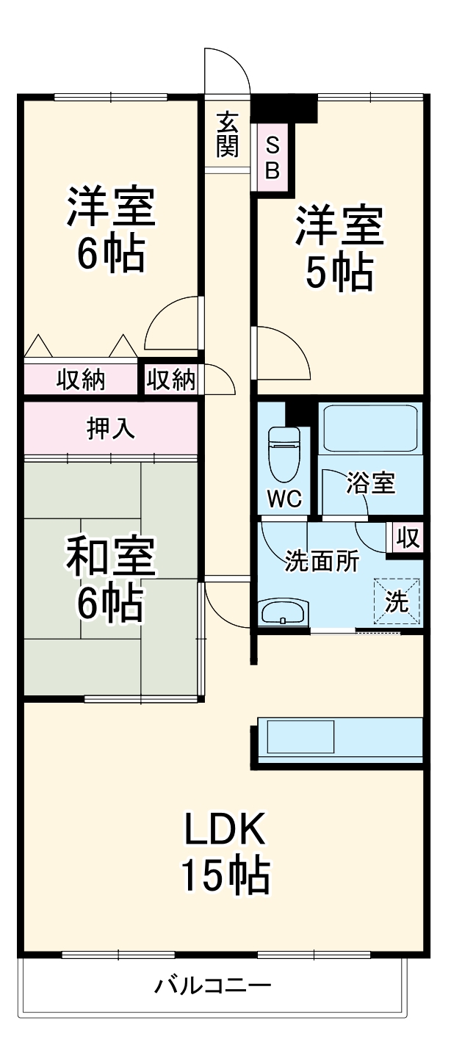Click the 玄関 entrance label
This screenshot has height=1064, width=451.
pos(228,134)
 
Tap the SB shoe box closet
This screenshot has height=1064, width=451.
pos(272,157)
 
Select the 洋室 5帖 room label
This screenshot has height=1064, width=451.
pos(339,249)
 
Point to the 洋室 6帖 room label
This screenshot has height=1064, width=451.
pos(112,229)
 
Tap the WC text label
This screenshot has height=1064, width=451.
pos(284,499)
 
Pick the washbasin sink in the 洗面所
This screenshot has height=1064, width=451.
pos(283,612)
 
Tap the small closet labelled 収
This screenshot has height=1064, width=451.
pos(407,538)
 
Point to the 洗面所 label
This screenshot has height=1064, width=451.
pos(322,562)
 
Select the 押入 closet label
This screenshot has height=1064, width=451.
pos(111,428)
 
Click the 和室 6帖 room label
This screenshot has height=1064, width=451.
pos(111,580)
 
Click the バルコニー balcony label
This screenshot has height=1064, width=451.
pos(213,985)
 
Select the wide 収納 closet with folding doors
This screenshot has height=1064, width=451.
pos(81,380)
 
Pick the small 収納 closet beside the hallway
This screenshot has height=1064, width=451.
pos(171,380)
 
